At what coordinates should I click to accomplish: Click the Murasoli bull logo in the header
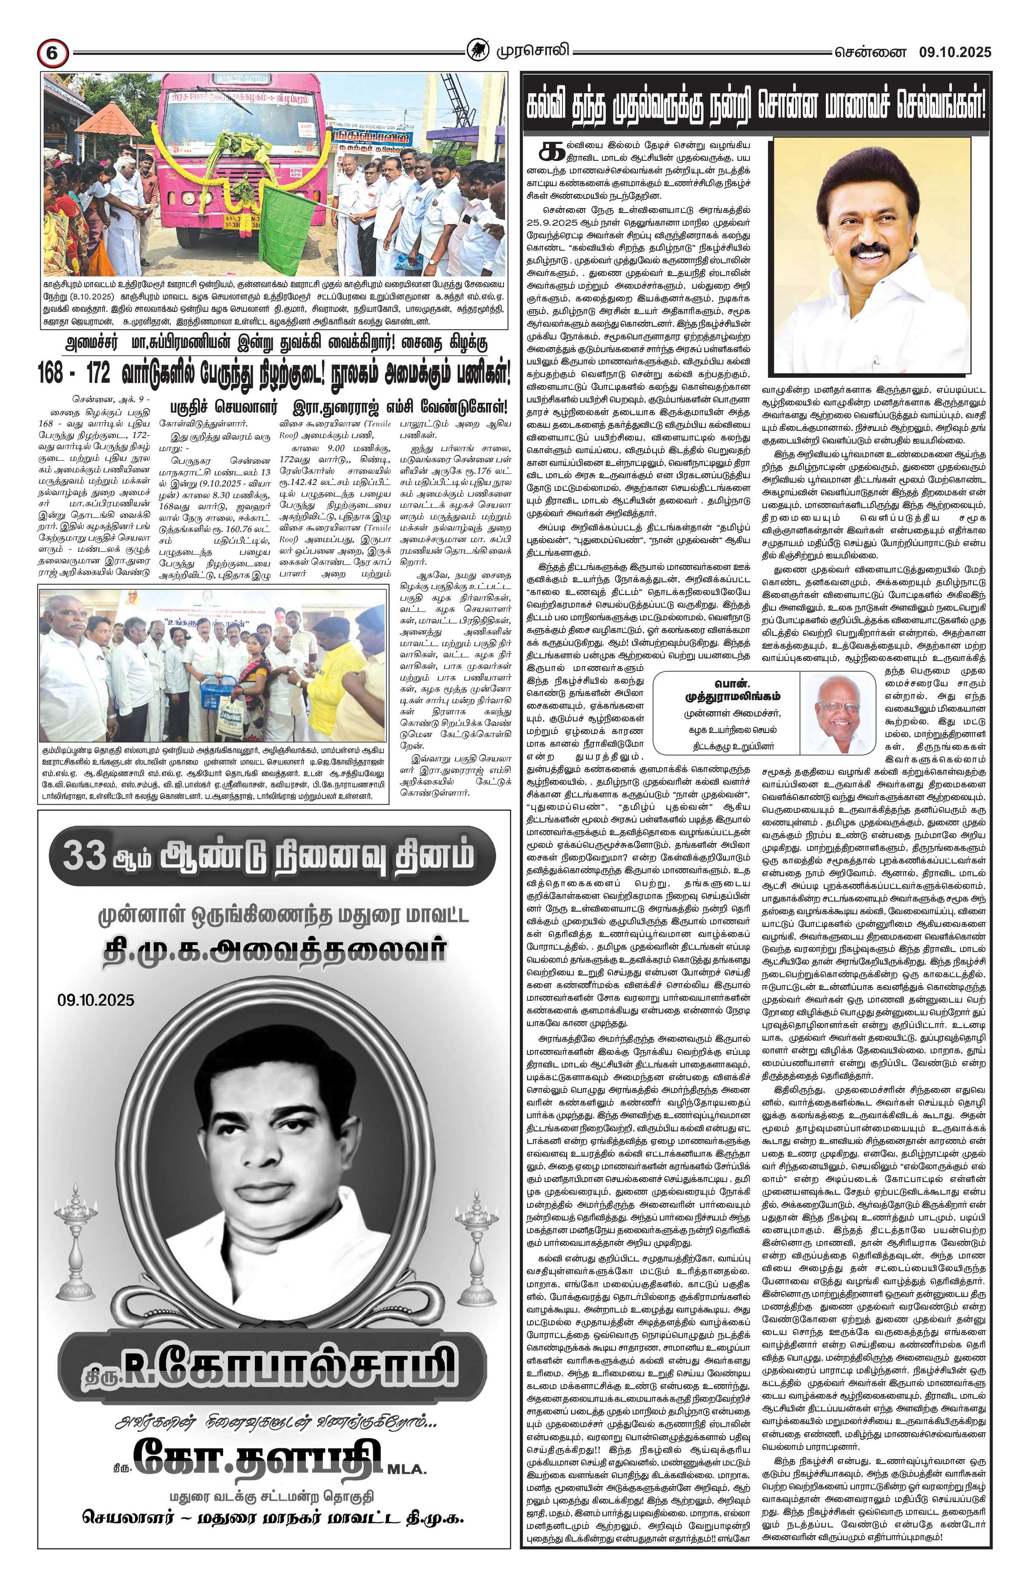478,51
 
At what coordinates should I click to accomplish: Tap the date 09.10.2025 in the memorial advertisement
96,999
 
